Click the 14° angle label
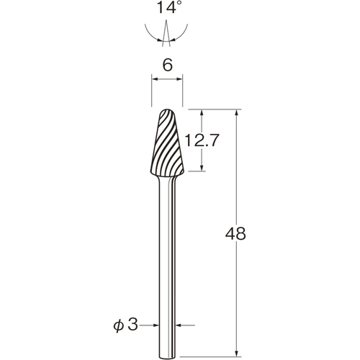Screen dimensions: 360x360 168,7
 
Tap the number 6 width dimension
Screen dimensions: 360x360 167,65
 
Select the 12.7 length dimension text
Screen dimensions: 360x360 202,140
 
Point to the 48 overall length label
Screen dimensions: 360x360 235,233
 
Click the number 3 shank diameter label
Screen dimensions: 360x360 132,325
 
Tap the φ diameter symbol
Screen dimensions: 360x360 119,325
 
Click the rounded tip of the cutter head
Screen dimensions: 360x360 167,110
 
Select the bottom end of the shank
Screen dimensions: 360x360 167,358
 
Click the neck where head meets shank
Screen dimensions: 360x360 167,177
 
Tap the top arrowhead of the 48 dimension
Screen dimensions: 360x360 237,113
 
